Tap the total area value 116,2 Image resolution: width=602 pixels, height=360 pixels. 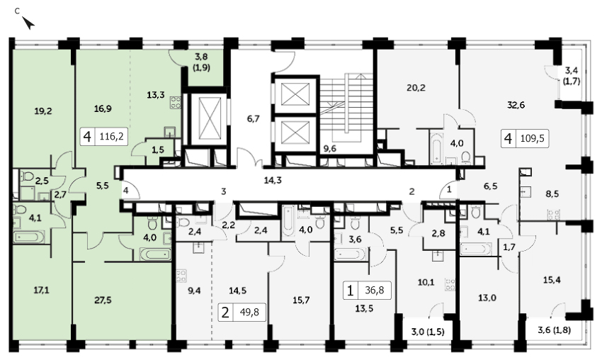[x=111, y=136]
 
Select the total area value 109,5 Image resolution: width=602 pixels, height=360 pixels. [x=532, y=138]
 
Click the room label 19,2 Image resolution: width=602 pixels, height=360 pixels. [x=43, y=111]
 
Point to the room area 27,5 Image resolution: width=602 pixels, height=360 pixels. [x=103, y=300]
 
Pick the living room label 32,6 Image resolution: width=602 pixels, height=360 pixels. [x=516, y=105]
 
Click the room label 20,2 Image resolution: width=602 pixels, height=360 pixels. [x=416, y=88]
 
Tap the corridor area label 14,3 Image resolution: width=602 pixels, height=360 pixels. [x=273, y=180]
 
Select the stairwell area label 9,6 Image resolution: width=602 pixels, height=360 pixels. [x=330, y=148]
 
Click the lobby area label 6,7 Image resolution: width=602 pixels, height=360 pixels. [x=254, y=119]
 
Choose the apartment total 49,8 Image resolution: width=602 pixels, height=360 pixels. [x=249, y=312]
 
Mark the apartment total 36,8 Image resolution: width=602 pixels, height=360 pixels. [x=375, y=290]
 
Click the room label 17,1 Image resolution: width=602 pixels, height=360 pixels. [x=42, y=290]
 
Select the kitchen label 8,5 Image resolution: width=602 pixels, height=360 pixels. [x=552, y=194]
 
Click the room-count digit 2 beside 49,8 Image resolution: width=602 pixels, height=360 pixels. [x=225, y=312]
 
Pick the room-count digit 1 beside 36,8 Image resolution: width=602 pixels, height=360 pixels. [x=350, y=291]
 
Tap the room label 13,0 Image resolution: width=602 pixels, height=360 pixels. [x=487, y=298]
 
